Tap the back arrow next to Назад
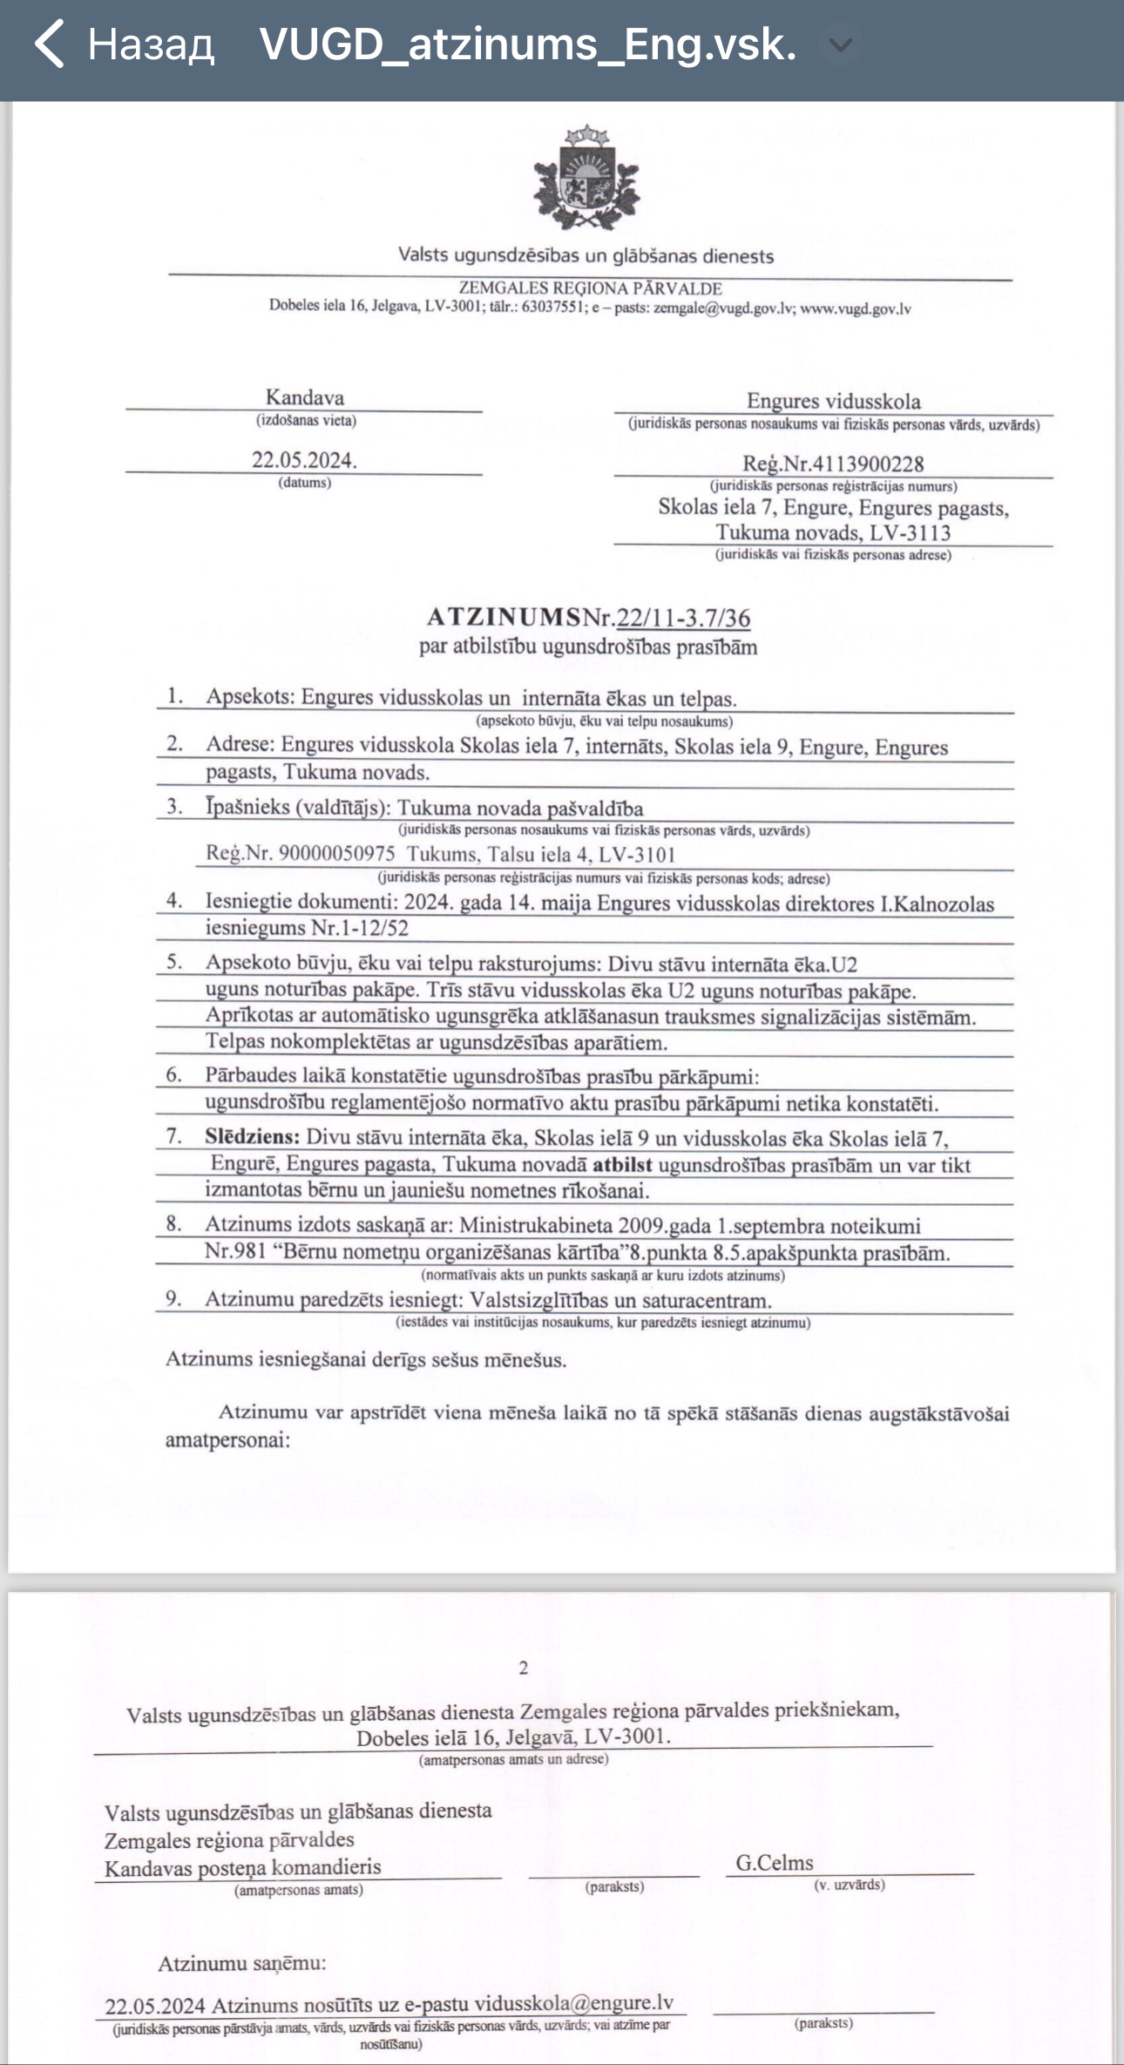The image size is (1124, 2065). tap(50, 44)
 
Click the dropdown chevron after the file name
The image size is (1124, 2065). tap(840, 44)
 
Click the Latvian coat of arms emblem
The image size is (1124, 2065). tap(586, 179)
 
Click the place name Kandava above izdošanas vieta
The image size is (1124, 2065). tap(304, 397)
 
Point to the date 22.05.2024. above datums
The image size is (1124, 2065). tap(304, 460)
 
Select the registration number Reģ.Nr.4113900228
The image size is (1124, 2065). tap(833, 464)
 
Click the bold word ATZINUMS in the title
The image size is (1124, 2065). tap(504, 617)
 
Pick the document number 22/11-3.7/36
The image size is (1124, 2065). tap(683, 618)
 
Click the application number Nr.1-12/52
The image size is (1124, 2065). tap(360, 928)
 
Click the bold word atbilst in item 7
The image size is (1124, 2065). tap(622, 1165)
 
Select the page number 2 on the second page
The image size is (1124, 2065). tap(523, 1668)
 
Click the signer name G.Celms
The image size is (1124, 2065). tap(775, 1863)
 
